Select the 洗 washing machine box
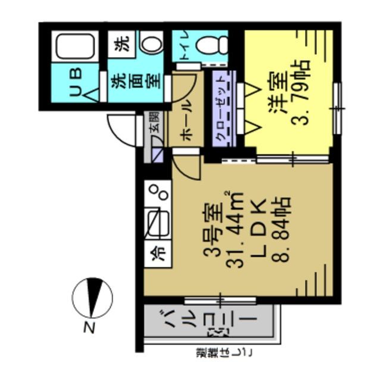pos(121,43)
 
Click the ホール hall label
pos(185,119)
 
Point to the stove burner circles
pos(158,191)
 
